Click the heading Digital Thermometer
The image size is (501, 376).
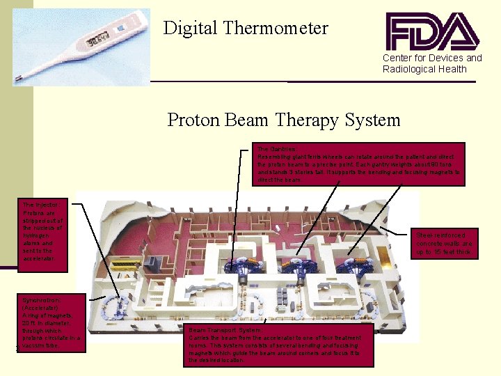[x=246, y=29]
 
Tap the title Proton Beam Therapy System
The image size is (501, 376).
[x=284, y=120]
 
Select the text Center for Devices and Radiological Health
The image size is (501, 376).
[x=431, y=63]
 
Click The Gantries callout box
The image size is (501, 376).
[x=358, y=164]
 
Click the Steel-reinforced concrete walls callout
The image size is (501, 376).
[x=445, y=244]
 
